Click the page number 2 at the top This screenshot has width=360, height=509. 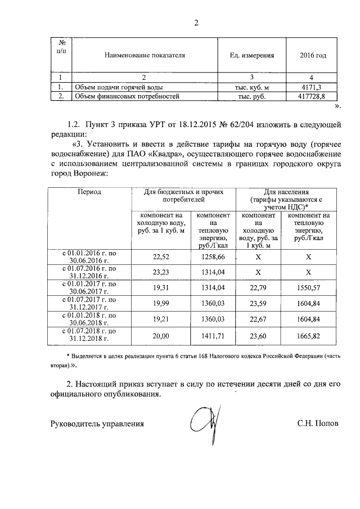pos(196,23)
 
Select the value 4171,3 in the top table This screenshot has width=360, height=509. pos(310,88)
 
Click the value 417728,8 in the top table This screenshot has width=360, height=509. pos(310,97)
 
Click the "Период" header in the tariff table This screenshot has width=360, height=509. pos(90,192)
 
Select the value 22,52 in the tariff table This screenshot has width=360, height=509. pos(161,256)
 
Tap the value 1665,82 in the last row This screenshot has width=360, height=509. pos(310,336)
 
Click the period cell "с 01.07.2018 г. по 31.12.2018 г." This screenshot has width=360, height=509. pos(90,336)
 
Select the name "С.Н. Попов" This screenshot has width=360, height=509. pos(318,424)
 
